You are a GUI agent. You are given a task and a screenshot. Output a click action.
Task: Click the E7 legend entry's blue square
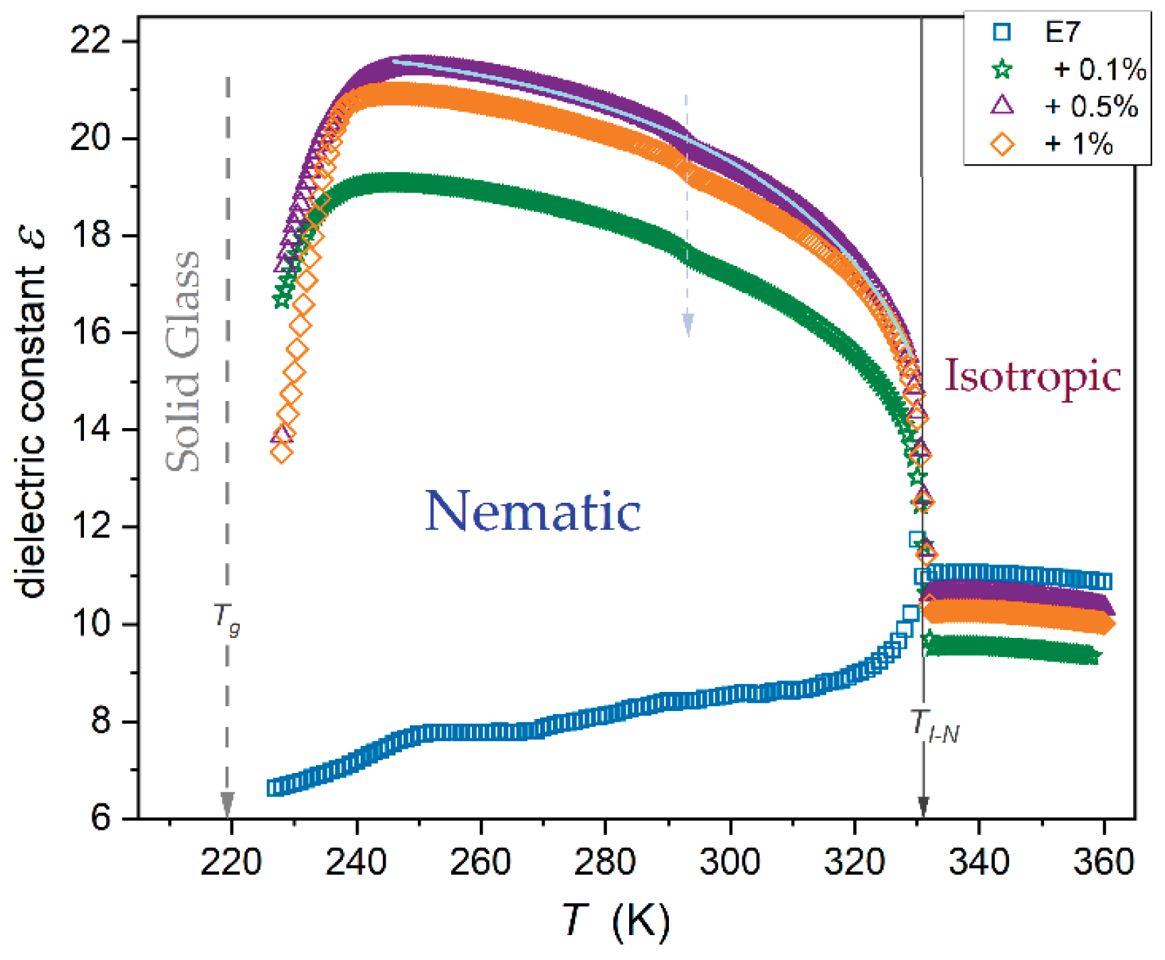pos(1002,32)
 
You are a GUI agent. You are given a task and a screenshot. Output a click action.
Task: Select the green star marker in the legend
pos(1002,70)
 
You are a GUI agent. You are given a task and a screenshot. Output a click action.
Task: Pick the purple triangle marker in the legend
pos(1002,105)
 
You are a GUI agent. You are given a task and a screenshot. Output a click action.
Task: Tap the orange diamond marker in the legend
pos(1002,144)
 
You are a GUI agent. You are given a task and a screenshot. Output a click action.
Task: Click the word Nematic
pos(533,511)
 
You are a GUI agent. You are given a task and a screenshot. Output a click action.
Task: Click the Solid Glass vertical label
pos(183,361)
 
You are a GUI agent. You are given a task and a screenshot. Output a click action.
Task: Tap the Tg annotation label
pos(227,618)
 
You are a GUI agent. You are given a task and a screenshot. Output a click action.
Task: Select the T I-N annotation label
pos(935,727)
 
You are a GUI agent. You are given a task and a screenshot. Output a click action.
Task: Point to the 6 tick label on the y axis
pos(101,818)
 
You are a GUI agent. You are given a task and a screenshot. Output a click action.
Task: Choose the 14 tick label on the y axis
pos(91,430)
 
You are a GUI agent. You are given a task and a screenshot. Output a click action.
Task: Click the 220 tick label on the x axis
pos(231,862)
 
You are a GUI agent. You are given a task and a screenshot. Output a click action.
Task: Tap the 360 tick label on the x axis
pos(1103,862)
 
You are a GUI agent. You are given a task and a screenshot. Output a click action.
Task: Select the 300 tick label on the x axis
pos(729,862)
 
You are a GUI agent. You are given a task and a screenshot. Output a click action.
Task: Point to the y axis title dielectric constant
pos(31,413)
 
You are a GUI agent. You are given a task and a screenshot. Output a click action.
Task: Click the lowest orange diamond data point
pos(282,452)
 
